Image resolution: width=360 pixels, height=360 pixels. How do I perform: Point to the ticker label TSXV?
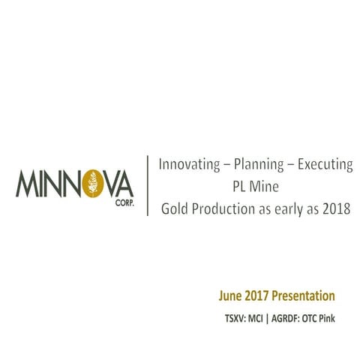click(235, 319)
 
